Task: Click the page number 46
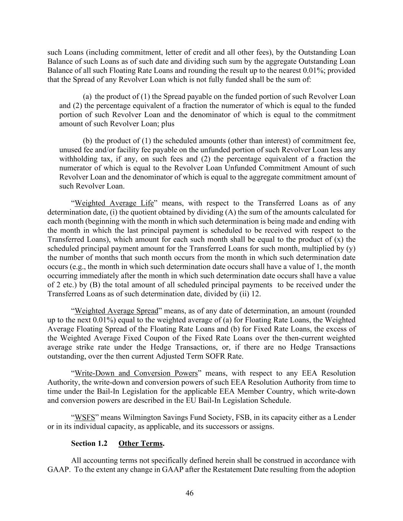click(189, 493)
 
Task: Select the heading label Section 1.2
click(89, 443)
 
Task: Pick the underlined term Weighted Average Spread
click(116, 311)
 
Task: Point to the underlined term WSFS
click(84, 417)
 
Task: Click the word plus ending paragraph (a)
click(168, 124)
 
